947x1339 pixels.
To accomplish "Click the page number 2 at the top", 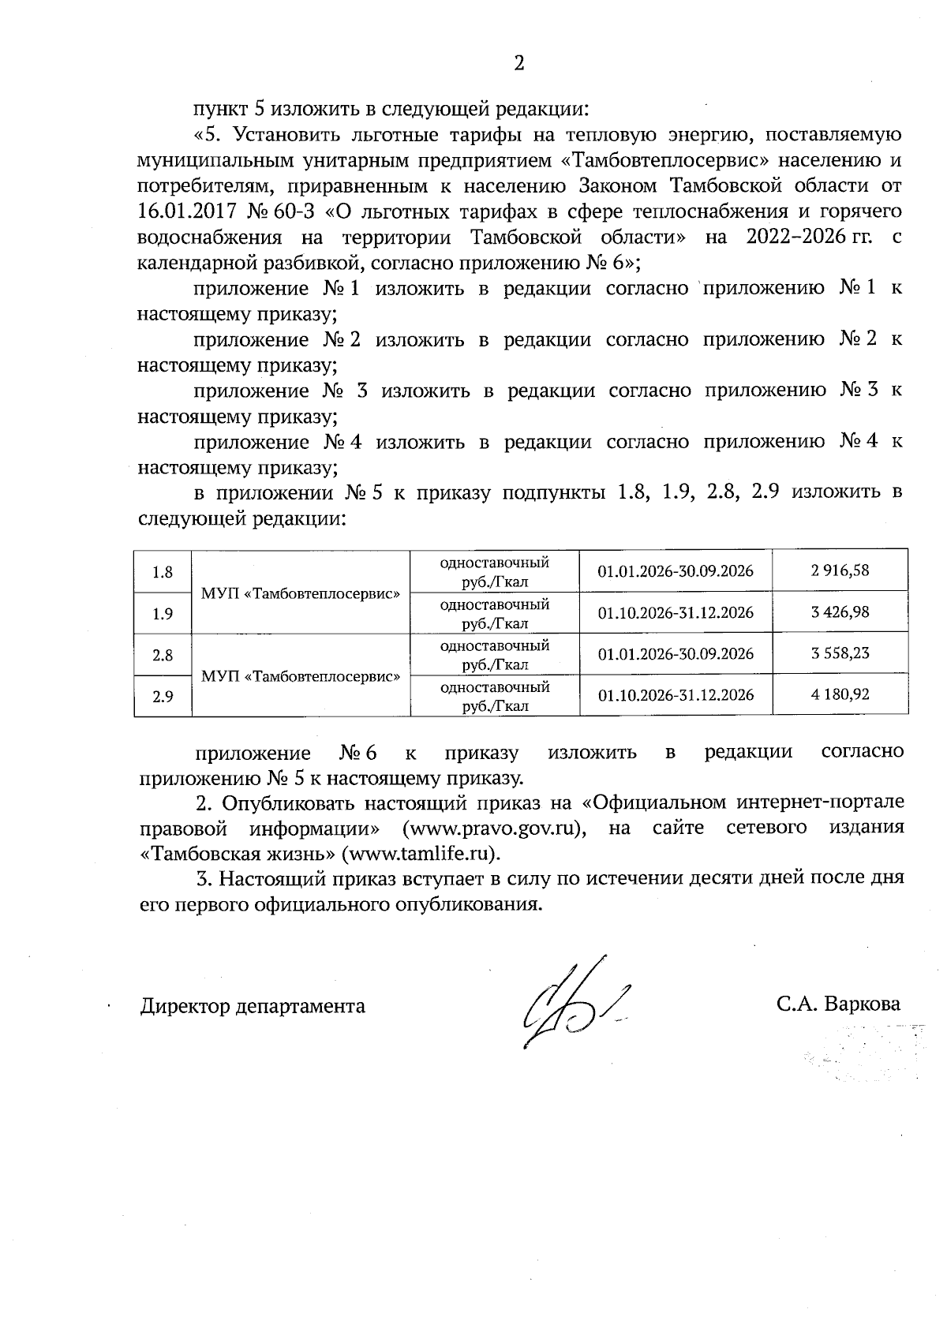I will (518, 64).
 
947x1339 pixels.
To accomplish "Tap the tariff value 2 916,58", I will (840, 570).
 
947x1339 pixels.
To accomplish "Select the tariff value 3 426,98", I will (840, 612).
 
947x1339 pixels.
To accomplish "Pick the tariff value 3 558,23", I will (840, 653).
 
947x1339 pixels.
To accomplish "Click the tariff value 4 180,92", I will (840, 695).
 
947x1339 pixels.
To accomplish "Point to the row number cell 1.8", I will (163, 572).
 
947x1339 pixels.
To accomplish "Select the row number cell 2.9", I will (163, 697).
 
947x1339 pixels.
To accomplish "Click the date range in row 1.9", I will (676, 612).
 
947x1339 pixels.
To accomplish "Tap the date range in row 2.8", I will (676, 654).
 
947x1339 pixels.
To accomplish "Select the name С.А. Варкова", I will (838, 1004).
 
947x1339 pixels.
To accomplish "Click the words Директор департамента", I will (253, 1006).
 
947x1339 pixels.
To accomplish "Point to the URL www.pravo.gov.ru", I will (492, 828).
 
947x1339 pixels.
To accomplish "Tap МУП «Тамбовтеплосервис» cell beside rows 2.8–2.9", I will (301, 676).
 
